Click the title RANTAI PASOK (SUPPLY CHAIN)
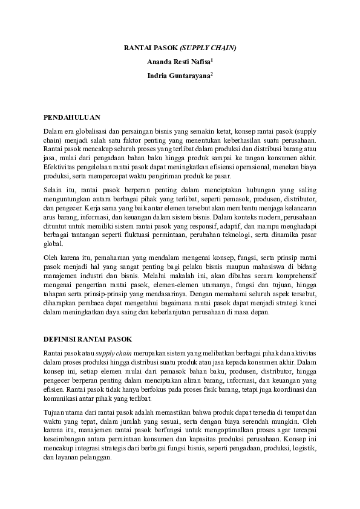tap(180, 47)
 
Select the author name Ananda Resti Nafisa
tap(178, 62)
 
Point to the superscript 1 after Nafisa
tap(212, 60)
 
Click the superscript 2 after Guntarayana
tap(212, 74)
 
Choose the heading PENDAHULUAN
tap(71, 117)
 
